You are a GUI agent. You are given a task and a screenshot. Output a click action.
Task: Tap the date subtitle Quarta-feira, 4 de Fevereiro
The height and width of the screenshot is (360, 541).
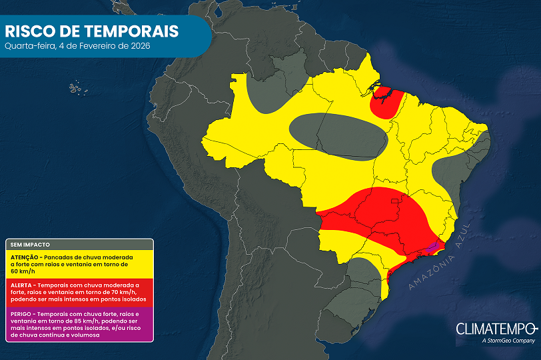point(77,46)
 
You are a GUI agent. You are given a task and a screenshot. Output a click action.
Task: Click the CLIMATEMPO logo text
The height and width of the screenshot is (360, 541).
point(496,329)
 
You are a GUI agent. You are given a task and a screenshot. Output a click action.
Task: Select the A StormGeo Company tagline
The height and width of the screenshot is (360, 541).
point(506,341)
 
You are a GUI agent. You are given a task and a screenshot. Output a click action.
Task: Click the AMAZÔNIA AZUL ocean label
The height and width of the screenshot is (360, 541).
point(440,256)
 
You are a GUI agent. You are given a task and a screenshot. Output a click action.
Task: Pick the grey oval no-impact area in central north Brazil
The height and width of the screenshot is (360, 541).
point(338,135)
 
